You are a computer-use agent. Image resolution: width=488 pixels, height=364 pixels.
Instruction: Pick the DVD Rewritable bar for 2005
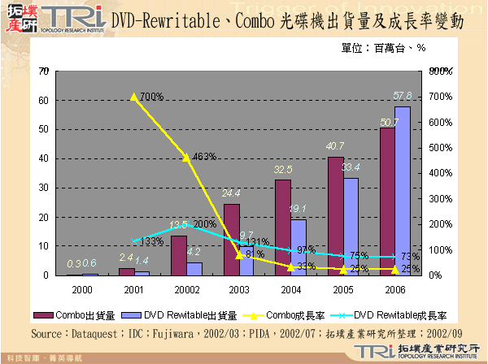tap(351, 227)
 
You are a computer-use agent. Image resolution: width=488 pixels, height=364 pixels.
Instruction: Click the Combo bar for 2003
tap(232, 240)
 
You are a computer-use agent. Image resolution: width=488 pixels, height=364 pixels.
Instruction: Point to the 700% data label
tap(151, 97)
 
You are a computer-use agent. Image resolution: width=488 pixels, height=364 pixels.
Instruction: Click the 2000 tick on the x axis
tap(82, 288)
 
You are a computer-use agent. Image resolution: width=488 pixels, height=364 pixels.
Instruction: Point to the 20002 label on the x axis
tap(186, 288)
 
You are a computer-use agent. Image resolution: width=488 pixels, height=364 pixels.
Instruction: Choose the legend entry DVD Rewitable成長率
tap(392, 315)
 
